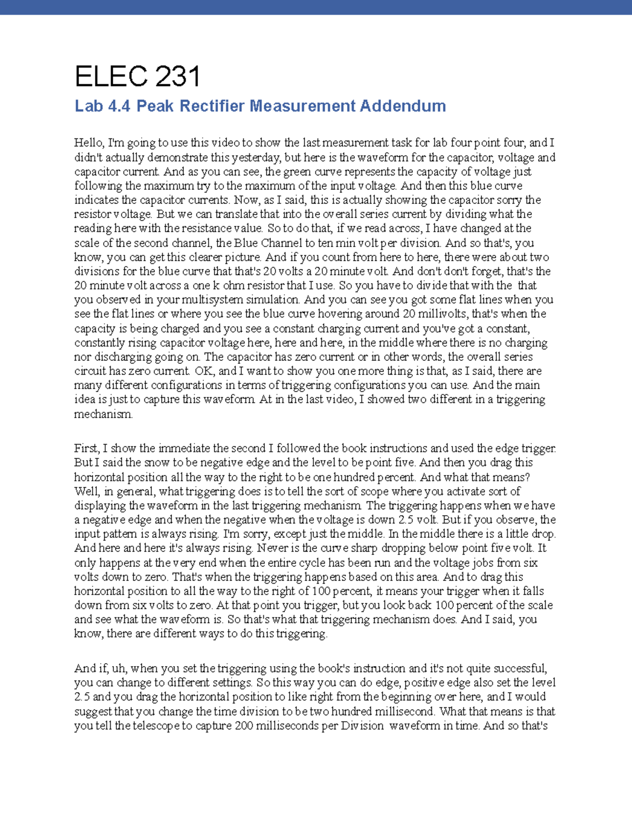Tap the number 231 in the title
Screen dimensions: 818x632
pos(174,77)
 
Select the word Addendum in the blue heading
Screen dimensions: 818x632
pos(403,106)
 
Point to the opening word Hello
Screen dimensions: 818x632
pos(88,143)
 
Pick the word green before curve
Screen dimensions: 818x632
pos(298,172)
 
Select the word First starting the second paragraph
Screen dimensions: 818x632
pos(86,449)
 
